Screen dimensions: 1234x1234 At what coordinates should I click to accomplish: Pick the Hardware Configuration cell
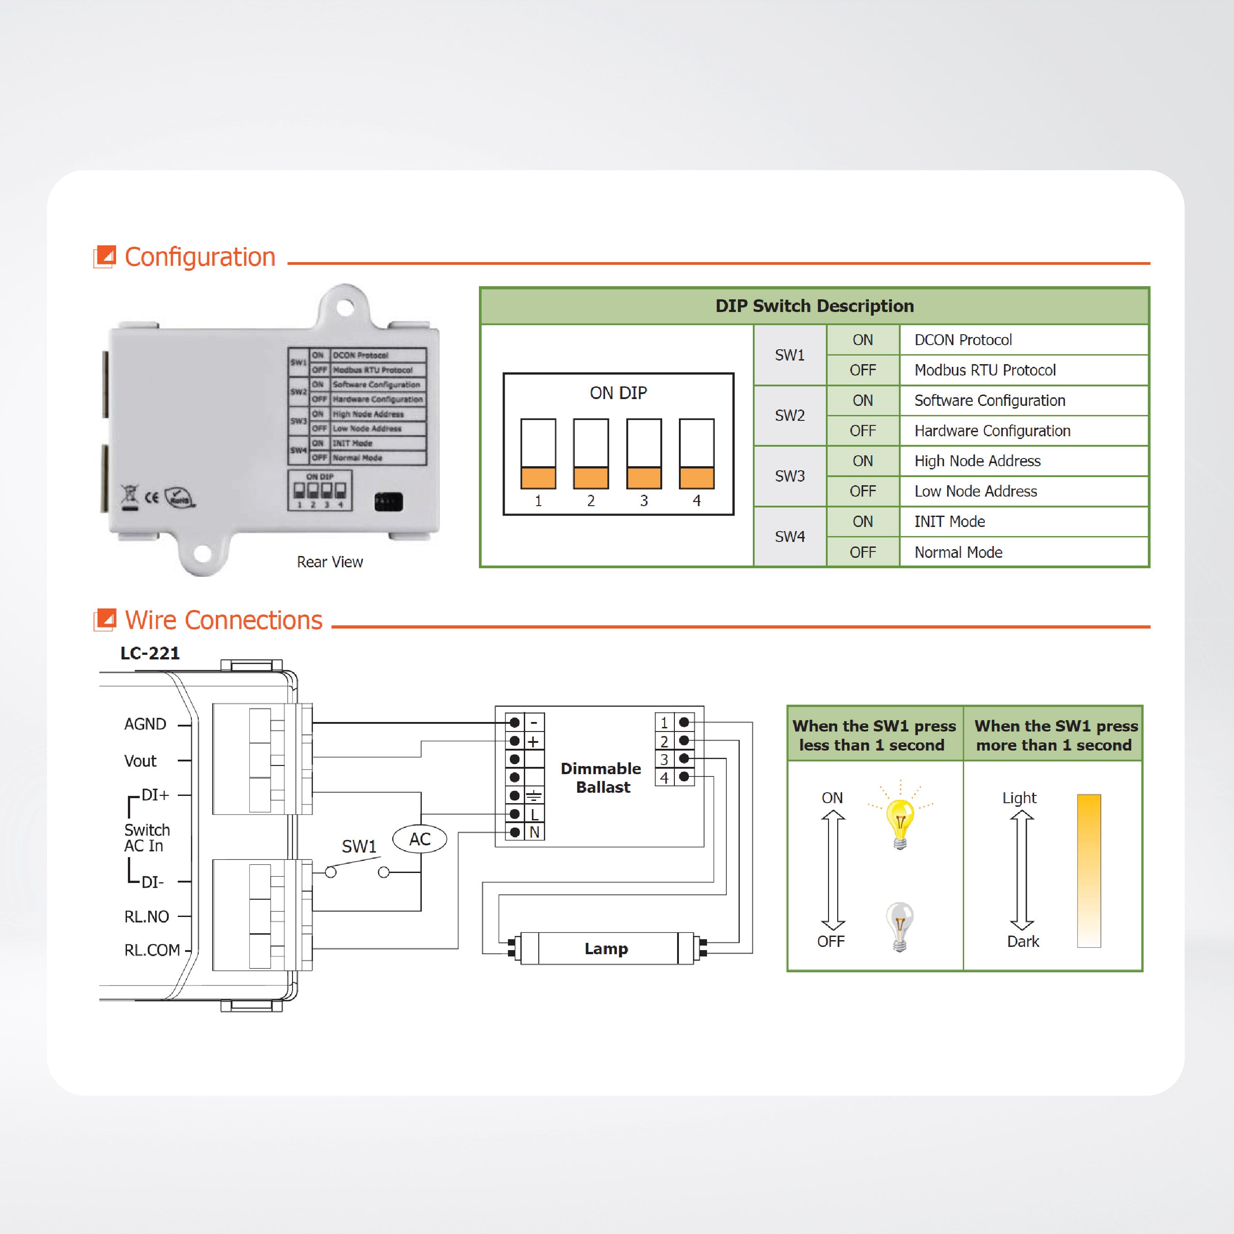point(992,430)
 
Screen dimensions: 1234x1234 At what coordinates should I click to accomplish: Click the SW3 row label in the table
point(790,476)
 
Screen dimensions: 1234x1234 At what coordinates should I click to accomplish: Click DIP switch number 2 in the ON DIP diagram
point(591,454)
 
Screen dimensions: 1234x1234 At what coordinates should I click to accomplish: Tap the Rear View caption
point(330,562)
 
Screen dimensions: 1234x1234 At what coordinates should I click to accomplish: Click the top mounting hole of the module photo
point(345,307)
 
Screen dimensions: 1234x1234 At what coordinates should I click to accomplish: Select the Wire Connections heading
point(223,620)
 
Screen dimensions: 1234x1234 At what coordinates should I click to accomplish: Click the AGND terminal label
point(145,724)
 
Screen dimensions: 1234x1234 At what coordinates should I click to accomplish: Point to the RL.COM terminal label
point(152,950)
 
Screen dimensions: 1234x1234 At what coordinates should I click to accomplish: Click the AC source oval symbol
point(419,839)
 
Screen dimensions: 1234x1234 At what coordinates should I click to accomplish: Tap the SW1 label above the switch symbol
point(359,846)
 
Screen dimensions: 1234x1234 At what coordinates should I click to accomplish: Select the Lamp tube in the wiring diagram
point(606,948)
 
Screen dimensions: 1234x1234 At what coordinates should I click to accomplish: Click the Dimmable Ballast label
point(601,777)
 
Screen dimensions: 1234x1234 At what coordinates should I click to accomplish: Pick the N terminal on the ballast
point(534,832)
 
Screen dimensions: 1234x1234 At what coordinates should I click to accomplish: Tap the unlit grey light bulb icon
point(899,926)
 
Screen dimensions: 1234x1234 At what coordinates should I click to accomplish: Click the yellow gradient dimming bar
point(1088,870)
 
